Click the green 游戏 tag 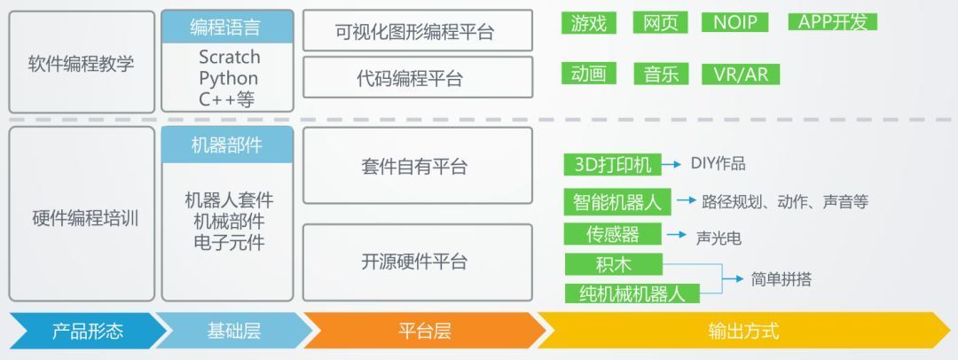589,23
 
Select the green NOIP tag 735,23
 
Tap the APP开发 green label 833,22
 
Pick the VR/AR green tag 741,74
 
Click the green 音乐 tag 661,74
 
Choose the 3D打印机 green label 613,164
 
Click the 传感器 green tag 613,234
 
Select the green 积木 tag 614,264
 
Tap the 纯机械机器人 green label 632,293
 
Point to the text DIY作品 718,164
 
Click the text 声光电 718,238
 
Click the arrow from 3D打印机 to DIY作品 671,164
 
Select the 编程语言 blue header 227,27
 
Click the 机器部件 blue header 227,145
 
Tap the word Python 229,78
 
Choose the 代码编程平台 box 418,78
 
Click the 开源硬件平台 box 418,262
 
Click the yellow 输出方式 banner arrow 744,331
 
